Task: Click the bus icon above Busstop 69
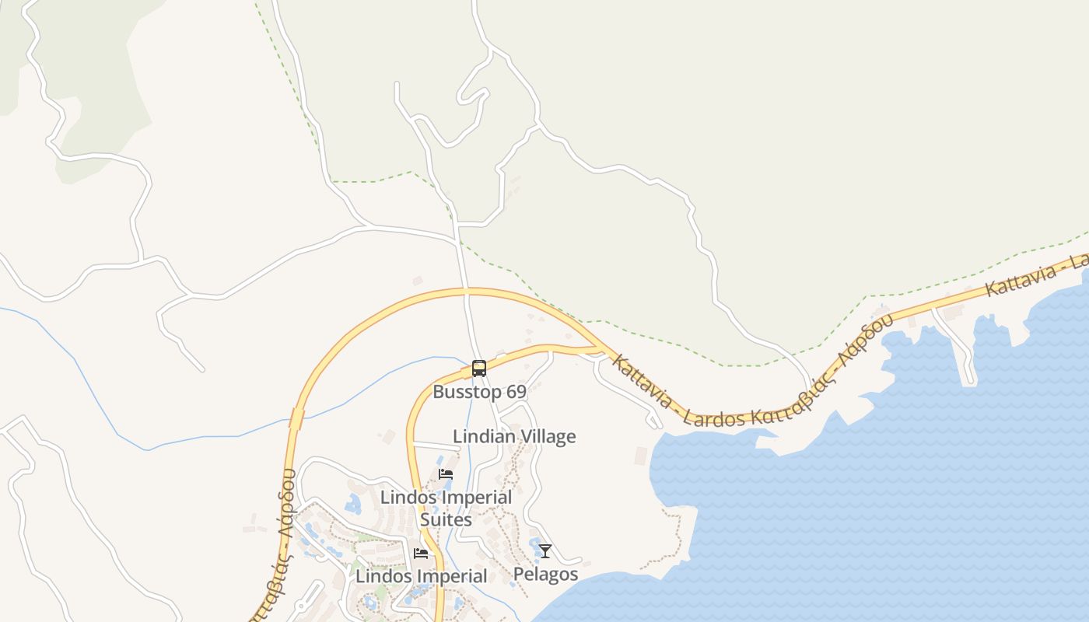click(479, 369)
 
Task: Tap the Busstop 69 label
click(479, 392)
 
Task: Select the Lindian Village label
click(514, 436)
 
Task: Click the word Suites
click(446, 519)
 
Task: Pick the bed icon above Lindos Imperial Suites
click(446, 474)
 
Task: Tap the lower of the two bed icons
click(421, 554)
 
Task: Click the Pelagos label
click(545, 575)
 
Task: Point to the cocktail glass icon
click(545, 551)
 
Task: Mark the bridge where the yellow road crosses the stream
click(296, 419)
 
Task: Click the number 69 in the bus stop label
click(516, 392)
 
